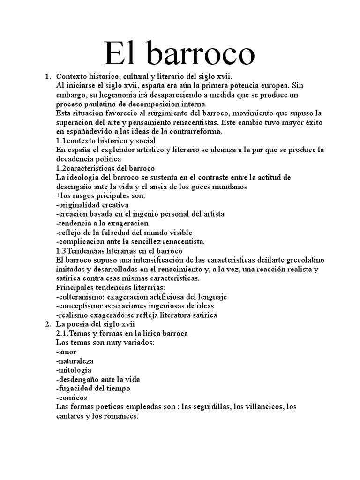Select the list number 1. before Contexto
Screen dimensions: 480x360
click(47, 76)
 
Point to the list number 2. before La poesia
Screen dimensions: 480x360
click(47, 324)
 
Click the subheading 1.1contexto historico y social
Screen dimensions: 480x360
click(105, 141)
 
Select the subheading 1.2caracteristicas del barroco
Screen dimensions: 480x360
click(105, 168)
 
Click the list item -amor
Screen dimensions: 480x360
click(66, 352)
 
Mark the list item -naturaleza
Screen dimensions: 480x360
click(75, 360)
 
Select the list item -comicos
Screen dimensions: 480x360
click(71, 397)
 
